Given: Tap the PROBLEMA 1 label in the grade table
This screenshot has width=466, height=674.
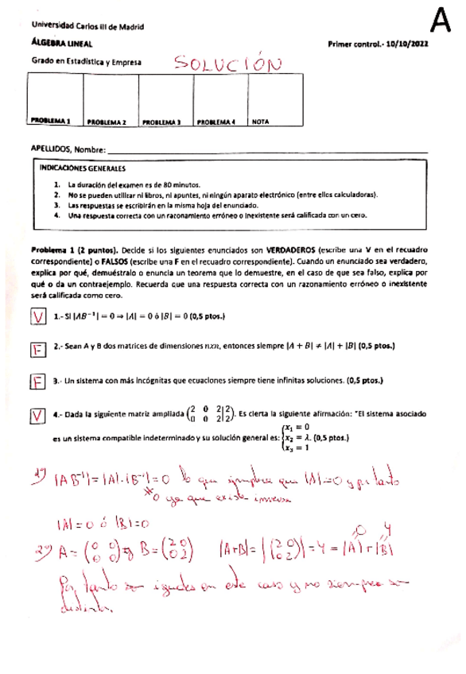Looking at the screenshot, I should point(51,122).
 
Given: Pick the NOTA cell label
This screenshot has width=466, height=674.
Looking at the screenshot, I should point(260,122).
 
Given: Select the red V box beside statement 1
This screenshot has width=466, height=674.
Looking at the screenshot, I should point(37,316).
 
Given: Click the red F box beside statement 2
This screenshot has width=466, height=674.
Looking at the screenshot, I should point(37,349).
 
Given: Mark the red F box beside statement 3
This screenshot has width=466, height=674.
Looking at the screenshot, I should point(37,382).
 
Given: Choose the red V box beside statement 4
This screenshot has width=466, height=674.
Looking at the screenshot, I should point(37,416).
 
